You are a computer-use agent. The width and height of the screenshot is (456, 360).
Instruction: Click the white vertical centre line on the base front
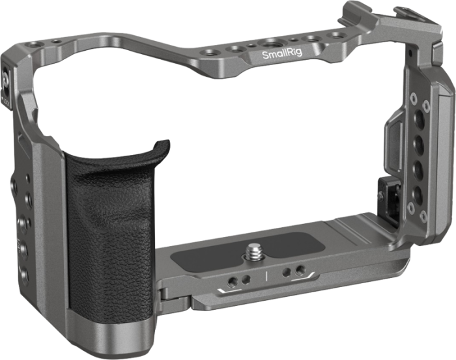point(266,276)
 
